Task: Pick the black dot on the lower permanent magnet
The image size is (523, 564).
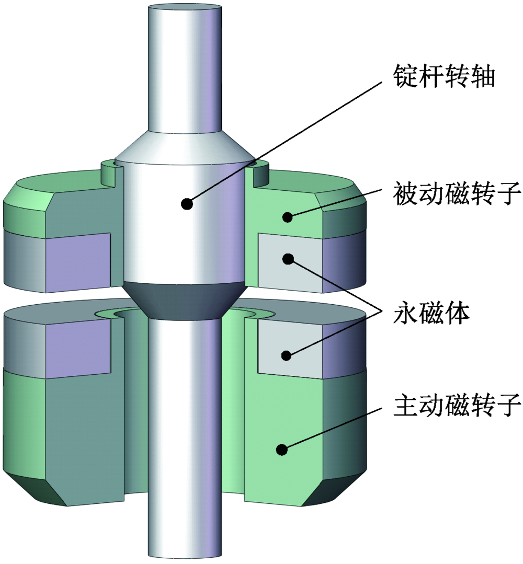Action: pyautogui.click(x=286, y=355)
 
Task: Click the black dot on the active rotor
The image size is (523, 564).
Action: pyautogui.click(x=282, y=448)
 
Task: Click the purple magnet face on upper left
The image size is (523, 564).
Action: pyautogui.click(x=78, y=261)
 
